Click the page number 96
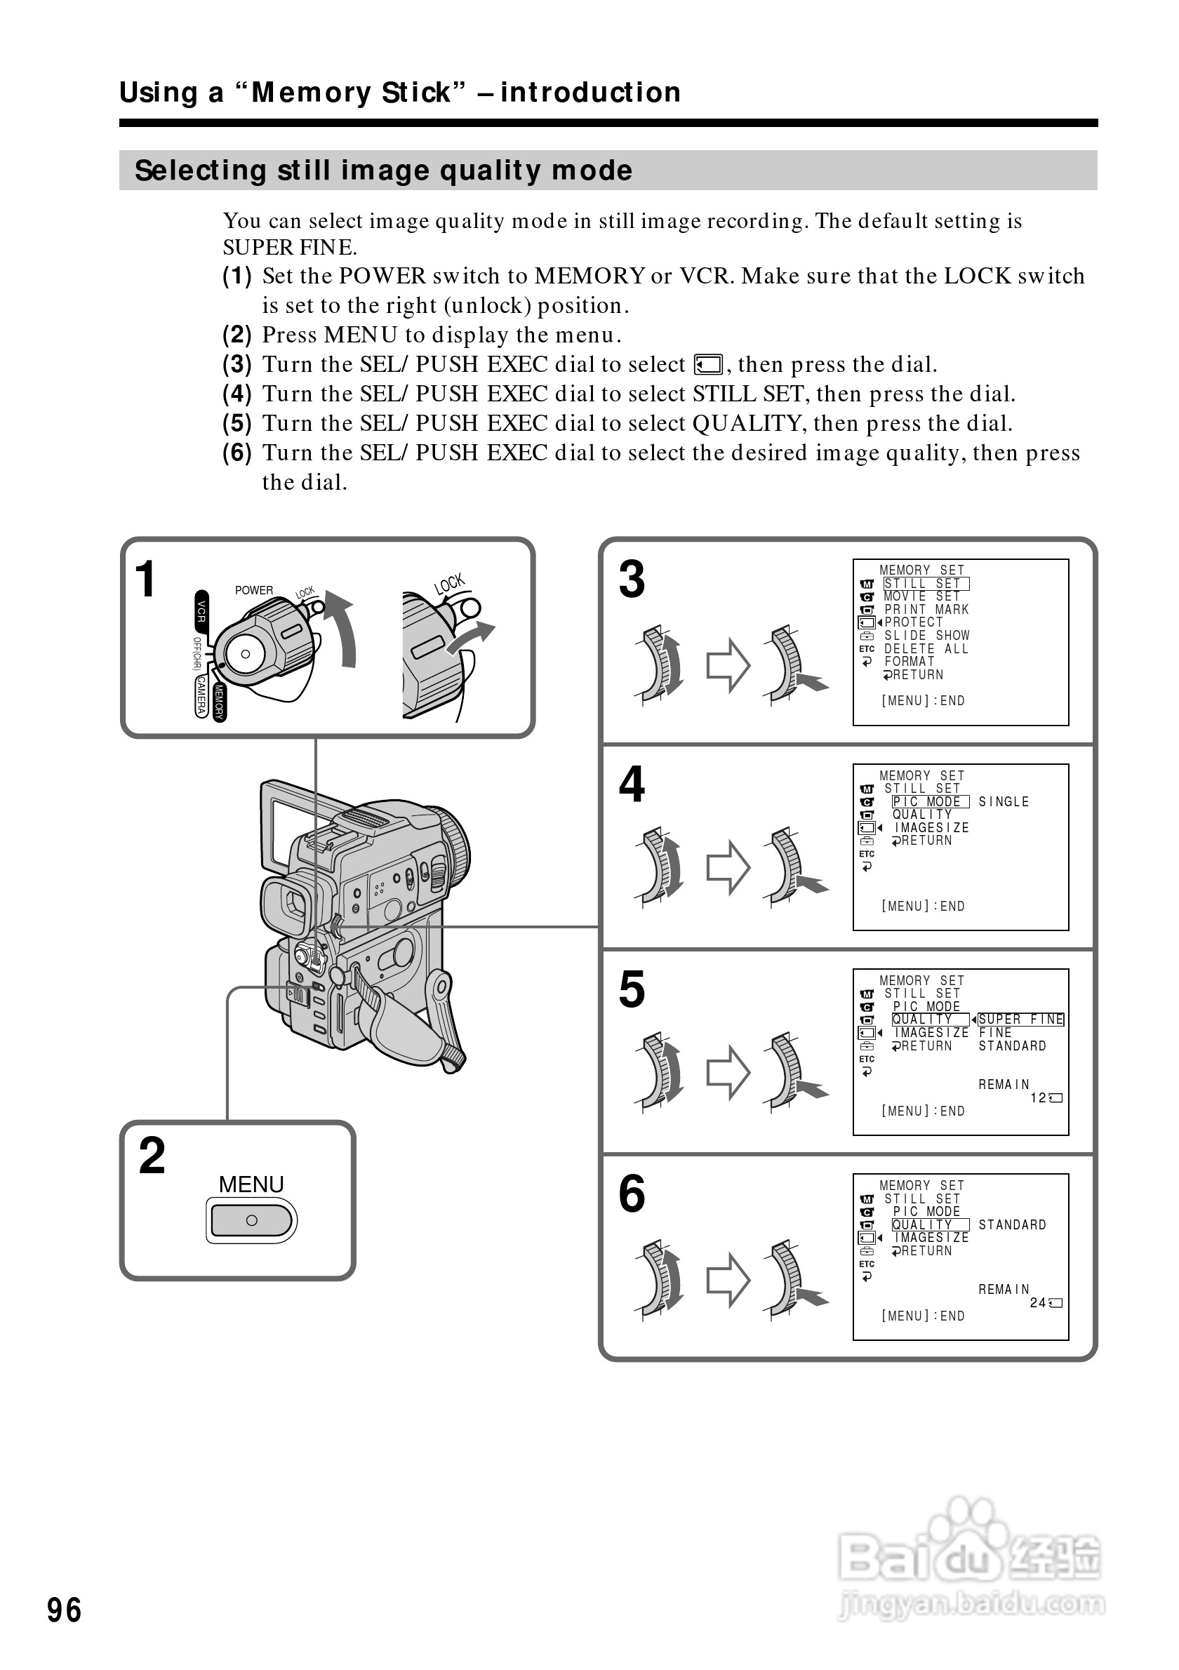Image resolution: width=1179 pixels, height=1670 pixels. tap(64, 1610)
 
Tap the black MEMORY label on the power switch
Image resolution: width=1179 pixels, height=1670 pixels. tap(220, 702)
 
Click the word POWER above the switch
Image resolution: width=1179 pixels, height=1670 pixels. tap(254, 590)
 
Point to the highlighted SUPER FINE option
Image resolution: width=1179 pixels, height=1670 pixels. tap(1020, 1020)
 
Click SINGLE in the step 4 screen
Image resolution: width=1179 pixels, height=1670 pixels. tap(1004, 801)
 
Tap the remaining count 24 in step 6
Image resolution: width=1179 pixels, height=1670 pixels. tap(1037, 1303)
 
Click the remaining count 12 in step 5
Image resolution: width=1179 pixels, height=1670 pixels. tap(1038, 1097)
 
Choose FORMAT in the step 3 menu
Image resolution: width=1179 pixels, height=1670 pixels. tap(909, 662)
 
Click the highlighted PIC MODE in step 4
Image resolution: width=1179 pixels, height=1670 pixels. tap(931, 801)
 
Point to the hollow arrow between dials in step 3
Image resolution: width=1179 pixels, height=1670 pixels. tap(728, 664)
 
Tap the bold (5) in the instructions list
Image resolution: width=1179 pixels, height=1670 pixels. tap(237, 423)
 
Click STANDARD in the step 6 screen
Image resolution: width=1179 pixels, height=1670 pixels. tap(1012, 1225)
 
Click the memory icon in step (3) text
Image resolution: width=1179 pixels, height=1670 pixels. tap(707, 364)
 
